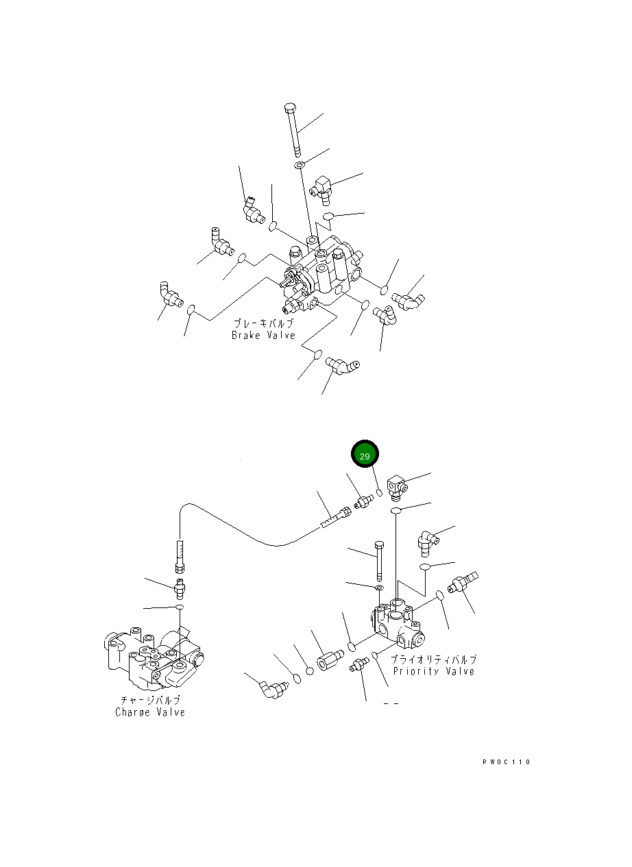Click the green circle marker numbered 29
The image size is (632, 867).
[x=365, y=455]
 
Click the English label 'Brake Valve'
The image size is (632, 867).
[x=263, y=336]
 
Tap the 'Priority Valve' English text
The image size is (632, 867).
[x=433, y=671]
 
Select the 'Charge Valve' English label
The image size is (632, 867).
[x=150, y=712]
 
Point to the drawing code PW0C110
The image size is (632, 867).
[x=506, y=762]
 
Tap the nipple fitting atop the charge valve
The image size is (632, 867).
[x=180, y=587]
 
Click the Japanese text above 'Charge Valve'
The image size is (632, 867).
[x=150, y=701]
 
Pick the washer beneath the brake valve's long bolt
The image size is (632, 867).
[x=300, y=166]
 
